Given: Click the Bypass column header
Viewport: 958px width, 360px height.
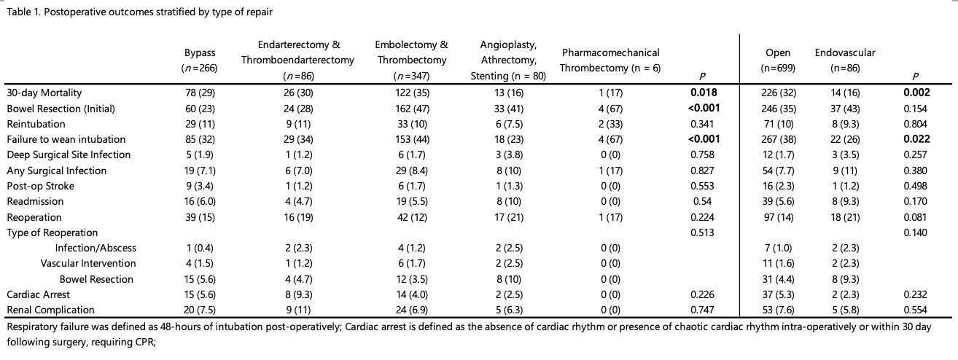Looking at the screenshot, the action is click(x=200, y=60).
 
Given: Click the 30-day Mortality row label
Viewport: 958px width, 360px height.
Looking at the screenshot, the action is click(x=44, y=93).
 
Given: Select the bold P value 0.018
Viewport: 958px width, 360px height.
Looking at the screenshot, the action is click(x=704, y=93).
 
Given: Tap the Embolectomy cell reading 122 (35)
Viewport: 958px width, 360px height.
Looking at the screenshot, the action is click(x=412, y=93).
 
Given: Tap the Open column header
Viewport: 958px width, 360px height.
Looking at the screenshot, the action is click(x=778, y=60).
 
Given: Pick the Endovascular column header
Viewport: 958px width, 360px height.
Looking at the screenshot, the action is click(x=845, y=60).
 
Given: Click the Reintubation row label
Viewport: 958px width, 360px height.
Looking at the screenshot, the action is click(x=36, y=124).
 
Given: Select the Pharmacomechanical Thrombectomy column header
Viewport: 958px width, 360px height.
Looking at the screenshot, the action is click(x=610, y=60).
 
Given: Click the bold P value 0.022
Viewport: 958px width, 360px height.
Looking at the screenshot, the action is click(x=916, y=139).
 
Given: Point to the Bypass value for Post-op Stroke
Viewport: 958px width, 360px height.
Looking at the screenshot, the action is click(x=200, y=186).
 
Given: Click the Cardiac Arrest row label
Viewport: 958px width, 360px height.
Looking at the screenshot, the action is click(x=38, y=294).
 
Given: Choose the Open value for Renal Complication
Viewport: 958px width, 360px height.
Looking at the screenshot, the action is click(x=779, y=310).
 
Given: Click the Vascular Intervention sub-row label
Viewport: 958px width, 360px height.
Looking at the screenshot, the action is click(x=88, y=263).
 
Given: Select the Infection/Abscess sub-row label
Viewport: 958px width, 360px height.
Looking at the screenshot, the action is click(x=96, y=248).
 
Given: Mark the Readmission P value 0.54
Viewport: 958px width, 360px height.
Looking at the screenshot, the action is click(x=702, y=201).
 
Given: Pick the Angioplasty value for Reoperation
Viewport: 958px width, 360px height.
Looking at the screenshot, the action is click(x=508, y=217).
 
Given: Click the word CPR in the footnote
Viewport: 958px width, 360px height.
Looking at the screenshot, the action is click(x=144, y=342).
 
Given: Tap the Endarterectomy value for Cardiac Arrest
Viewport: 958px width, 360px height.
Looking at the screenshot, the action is click(x=298, y=294).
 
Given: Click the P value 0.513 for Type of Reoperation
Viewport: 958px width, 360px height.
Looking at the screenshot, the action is click(x=702, y=232).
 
